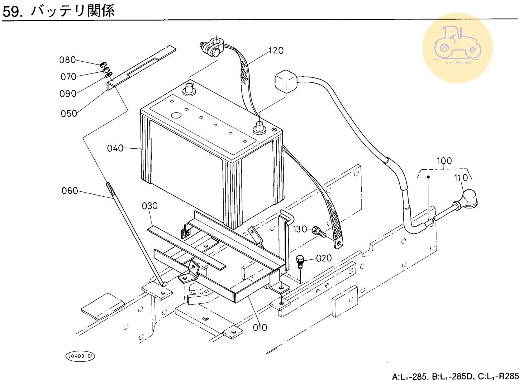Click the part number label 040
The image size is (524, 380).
(115, 148)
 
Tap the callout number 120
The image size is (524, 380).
(276, 50)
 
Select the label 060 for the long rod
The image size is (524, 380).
(70, 191)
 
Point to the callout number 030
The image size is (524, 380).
(149, 206)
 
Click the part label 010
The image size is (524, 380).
(259, 327)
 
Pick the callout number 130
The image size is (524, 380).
(300, 229)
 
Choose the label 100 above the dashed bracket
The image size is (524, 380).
(444, 160)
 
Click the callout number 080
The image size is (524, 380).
(67, 60)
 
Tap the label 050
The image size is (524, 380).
(68, 114)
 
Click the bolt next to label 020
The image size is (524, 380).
(300, 261)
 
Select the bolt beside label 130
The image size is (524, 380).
(319, 231)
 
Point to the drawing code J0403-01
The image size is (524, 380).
(81, 356)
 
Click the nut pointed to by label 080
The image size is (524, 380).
(102, 65)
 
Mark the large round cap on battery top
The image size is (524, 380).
(176, 115)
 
